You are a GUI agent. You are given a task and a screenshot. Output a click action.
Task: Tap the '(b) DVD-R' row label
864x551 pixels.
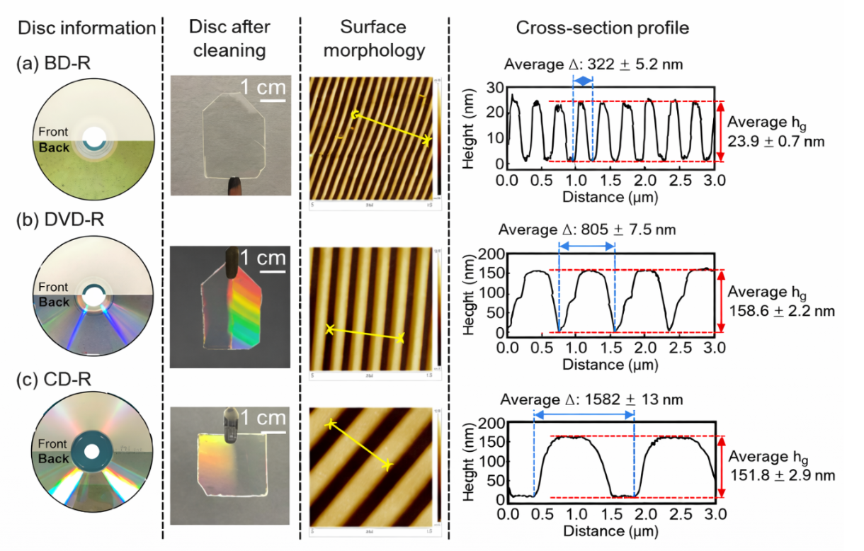tap(61, 220)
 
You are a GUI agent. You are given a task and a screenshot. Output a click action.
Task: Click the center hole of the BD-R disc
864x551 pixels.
tap(91, 137)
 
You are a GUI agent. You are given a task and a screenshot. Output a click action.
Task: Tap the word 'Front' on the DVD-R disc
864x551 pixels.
tap(54, 288)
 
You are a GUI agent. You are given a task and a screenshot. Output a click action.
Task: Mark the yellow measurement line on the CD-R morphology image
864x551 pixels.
tap(358, 445)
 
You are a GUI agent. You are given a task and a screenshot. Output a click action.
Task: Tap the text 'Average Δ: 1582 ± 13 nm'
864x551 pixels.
tap(591, 399)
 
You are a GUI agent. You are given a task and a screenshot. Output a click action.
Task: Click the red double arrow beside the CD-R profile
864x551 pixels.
tap(721, 467)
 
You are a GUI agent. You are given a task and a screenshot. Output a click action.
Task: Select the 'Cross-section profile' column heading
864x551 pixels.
tap(603, 28)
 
